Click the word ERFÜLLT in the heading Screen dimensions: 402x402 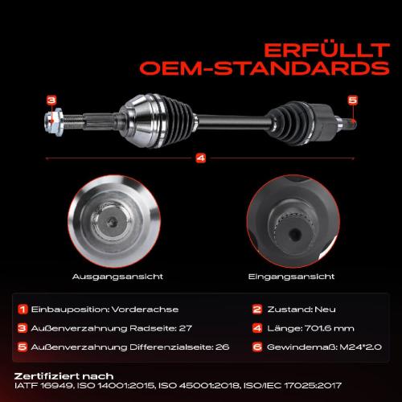tap(326, 50)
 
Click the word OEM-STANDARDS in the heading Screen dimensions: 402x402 tap(265, 68)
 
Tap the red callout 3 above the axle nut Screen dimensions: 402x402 tap(51, 100)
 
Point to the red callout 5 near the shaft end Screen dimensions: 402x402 tap(353, 100)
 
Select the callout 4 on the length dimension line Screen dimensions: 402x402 tap(201, 158)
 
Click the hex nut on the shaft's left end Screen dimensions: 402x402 tap(54, 122)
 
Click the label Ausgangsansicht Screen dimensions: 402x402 tap(117, 277)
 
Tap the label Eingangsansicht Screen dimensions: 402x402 tap(291, 277)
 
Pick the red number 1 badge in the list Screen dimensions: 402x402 tap(23, 310)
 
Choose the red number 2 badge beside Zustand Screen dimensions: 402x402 tap(257, 310)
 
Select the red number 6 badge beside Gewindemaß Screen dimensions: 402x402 tap(257, 347)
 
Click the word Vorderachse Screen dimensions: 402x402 tap(145, 310)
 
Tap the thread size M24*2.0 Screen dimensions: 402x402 tap(361, 347)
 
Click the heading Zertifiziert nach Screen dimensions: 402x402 tap(64, 376)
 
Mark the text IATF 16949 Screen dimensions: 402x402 tap(43, 386)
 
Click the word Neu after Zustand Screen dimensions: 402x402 tap(325, 310)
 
